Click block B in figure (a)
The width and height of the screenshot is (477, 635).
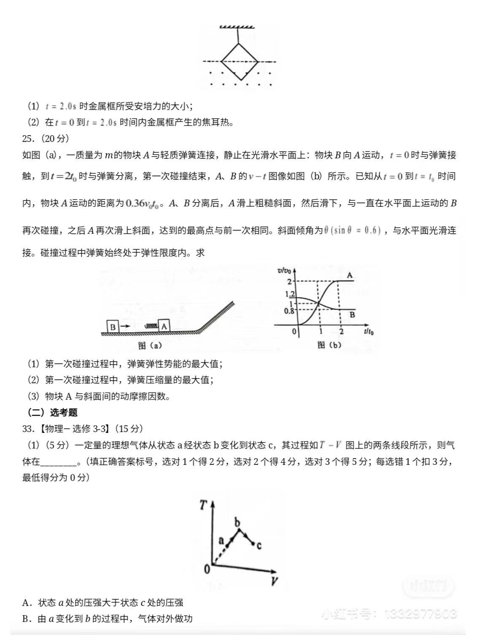[x=113, y=327]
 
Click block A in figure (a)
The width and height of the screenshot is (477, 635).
[x=164, y=326]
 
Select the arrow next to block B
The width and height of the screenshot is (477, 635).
[x=125, y=327]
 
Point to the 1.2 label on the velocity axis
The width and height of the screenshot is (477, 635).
[x=290, y=294]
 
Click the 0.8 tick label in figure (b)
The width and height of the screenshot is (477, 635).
[x=289, y=311]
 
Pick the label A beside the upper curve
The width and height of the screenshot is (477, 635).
[x=350, y=275]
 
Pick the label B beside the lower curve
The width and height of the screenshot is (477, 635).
[x=352, y=315]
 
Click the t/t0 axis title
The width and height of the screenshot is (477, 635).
[x=369, y=332]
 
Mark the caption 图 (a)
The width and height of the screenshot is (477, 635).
[x=150, y=346]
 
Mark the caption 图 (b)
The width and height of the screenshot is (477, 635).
[x=329, y=345]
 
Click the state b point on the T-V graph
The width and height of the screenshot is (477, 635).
[x=239, y=529]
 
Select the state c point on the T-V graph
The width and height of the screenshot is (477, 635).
[x=253, y=544]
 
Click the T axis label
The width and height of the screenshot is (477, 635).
[x=204, y=504]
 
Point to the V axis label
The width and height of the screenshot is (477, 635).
[x=274, y=582]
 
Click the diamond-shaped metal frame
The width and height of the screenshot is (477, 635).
[x=239, y=61]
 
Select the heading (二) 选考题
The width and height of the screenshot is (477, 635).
[x=53, y=413]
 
